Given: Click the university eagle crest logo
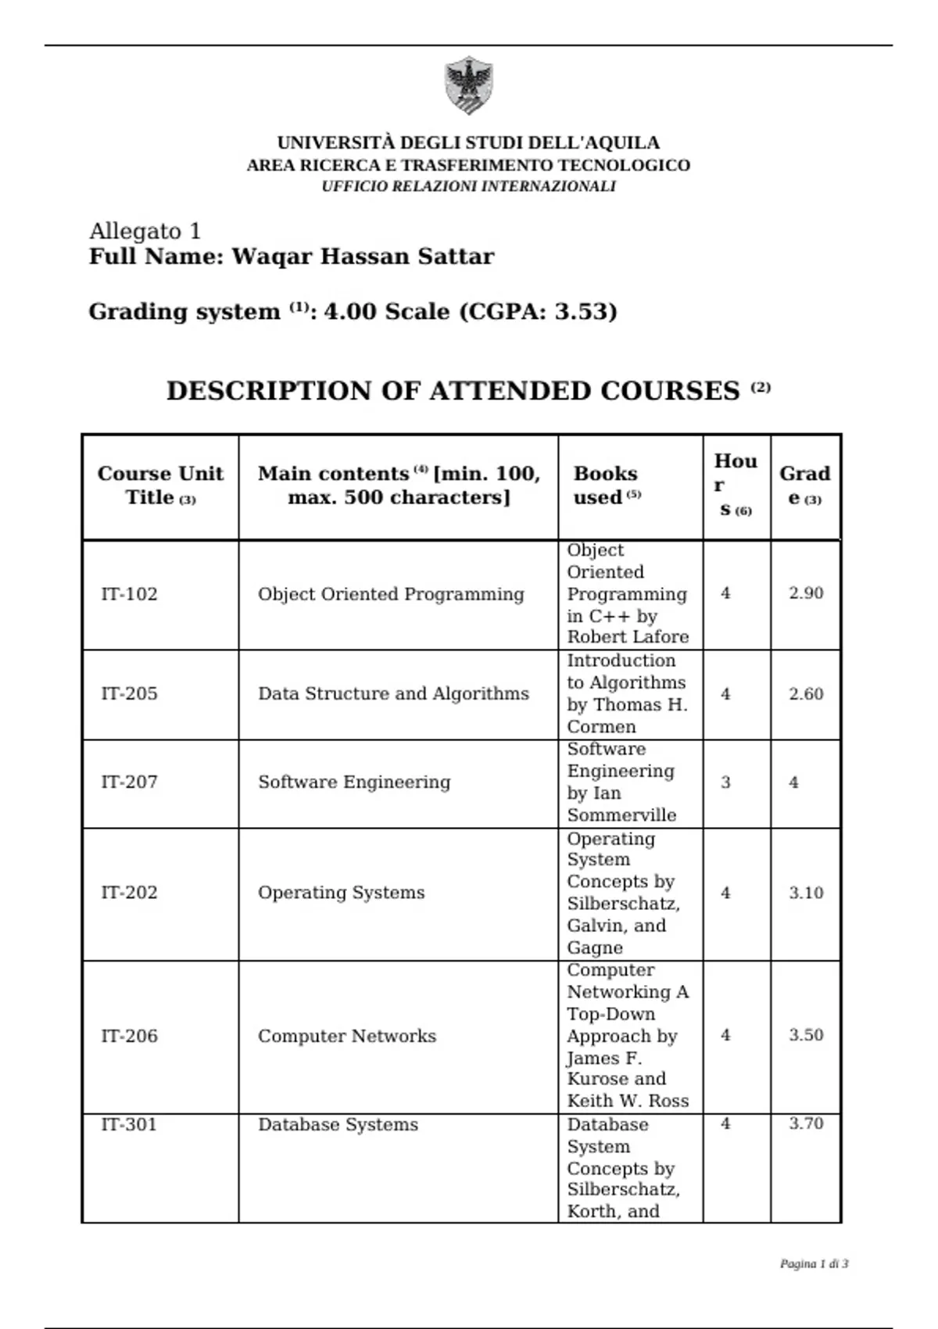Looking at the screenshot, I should click(x=468, y=84).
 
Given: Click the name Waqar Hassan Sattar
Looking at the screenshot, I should click(x=363, y=256).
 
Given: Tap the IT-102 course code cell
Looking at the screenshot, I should click(x=129, y=594).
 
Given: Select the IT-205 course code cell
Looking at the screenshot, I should click(x=129, y=693).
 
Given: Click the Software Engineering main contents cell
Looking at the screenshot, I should click(x=354, y=782).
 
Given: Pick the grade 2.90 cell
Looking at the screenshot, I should click(x=806, y=593).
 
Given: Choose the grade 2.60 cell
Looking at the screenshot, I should click(x=806, y=693).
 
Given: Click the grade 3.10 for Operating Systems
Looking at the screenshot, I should click(x=806, y=893).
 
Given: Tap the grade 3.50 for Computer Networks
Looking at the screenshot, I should click(x=806, y=1035).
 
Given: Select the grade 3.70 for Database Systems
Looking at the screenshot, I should click(x=806, y=1123).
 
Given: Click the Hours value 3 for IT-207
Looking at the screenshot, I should click(x=725, y=782).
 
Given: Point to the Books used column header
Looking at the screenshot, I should click(x=606, y=485).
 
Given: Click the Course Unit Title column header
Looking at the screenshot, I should click(x=160, y=485).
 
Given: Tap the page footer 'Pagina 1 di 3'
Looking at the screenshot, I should click(x=814, y=1263).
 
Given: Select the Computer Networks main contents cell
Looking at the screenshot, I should click(x=347, y=1036).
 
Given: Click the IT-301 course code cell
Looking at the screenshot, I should click(x=129, y=1124).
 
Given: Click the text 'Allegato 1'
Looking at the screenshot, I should click(x=145, y=231).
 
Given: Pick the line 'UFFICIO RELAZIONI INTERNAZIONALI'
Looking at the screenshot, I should click(x=468, y=186).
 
